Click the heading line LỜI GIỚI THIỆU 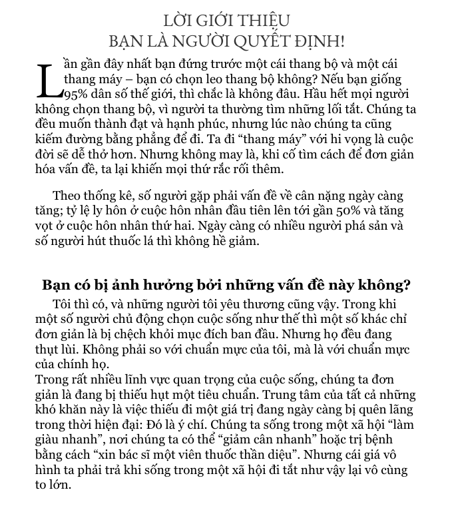click(226, 21)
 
